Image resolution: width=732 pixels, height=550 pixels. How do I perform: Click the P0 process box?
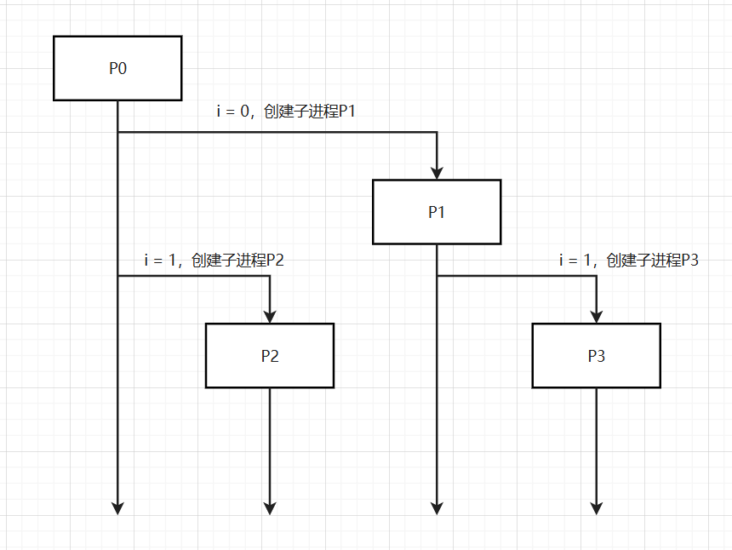117,68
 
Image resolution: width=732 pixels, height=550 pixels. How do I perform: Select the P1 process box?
437,212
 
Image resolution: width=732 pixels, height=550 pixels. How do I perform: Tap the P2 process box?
270,356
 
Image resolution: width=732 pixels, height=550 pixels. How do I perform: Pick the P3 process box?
597,356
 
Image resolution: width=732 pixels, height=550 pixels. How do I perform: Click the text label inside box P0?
117,68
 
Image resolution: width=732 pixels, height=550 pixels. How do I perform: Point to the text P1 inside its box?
437,212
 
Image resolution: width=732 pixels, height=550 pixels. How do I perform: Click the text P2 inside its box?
270,356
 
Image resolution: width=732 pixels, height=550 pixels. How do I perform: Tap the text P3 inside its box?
597,356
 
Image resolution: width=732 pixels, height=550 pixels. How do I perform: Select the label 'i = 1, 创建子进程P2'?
214,261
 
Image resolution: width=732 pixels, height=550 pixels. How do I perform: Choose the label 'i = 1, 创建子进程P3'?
628,261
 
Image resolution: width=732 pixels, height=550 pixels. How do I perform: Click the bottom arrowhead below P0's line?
117,507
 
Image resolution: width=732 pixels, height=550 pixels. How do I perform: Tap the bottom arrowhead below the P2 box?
270,507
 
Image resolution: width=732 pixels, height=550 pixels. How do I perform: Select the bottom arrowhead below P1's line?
437,507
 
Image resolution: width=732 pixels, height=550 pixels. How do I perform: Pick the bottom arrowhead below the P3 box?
597,507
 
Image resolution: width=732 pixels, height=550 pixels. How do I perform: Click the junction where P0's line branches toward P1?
117,133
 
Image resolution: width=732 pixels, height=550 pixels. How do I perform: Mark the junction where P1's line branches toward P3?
437,277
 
